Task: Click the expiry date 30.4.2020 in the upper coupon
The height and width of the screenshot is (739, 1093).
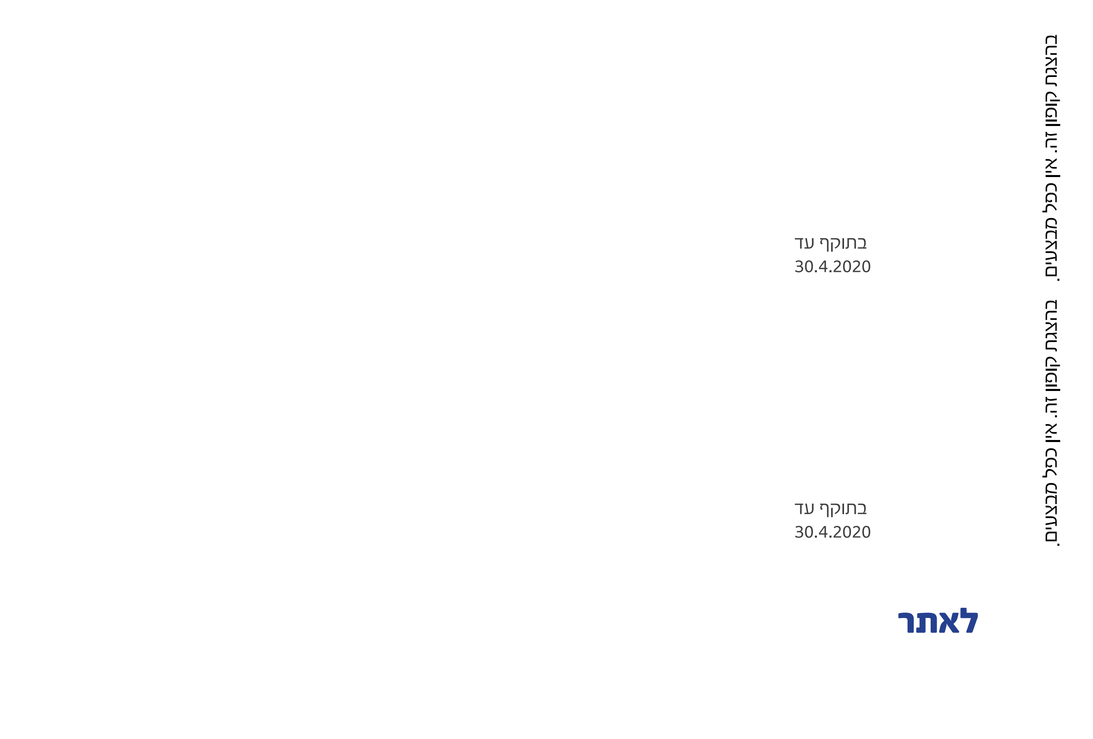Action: pyautogui.click(x=832, y=267)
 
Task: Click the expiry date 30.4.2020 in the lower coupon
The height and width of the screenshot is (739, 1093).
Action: pyautogui.click(x=832, y=532)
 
